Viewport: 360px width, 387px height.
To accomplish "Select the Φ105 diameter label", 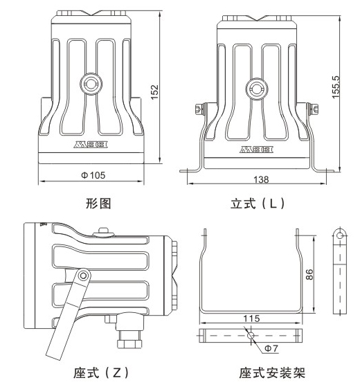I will pos(93,174).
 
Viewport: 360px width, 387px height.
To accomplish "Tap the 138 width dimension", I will pos(260,179).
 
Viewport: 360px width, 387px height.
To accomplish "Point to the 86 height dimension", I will pos(311,273).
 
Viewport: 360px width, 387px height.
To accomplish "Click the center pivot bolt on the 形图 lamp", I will pos(90,84).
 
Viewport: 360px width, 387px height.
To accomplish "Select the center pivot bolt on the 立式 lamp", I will pos(255,87).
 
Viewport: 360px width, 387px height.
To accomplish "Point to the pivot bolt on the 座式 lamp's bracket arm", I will pos(82,276).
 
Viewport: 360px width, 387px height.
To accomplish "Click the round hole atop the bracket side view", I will pos(339,235).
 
